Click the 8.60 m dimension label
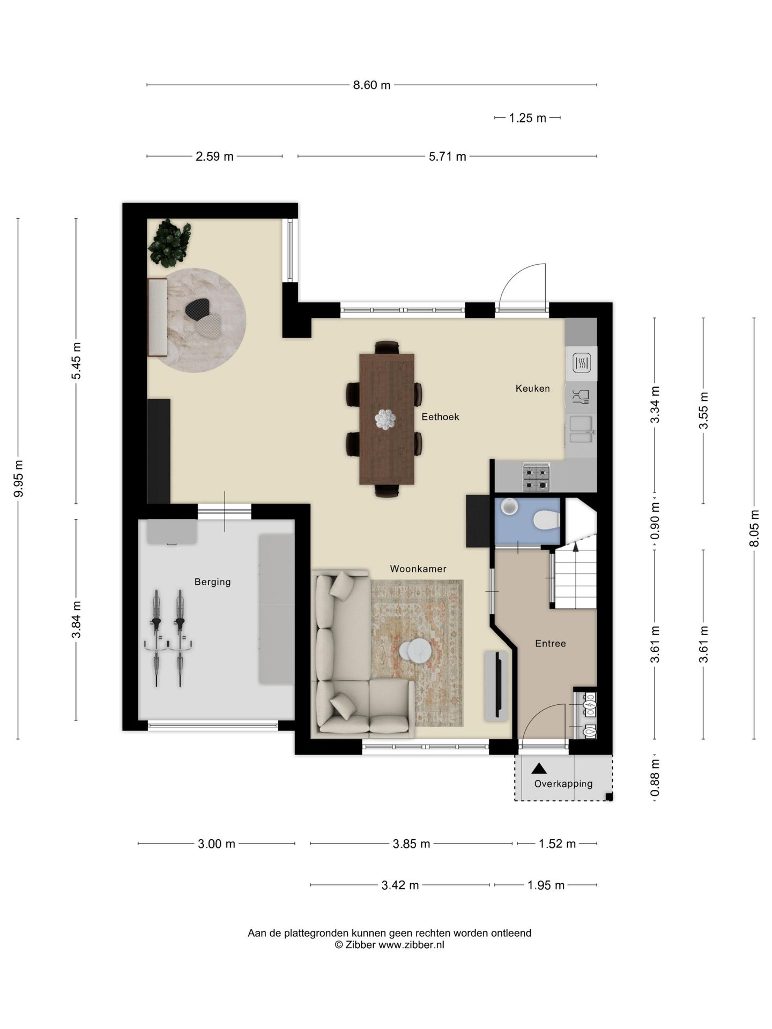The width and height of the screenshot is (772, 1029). point(372,85)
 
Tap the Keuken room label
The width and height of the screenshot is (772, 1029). point(532,388)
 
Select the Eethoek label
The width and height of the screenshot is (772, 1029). point(440,416)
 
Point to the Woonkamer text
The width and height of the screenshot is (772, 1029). point(418,569)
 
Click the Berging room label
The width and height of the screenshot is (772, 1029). point(213,582)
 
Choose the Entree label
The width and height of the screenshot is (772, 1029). point(551,643)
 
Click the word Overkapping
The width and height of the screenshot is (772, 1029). point(563,784)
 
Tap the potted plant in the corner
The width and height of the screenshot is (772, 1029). point(169,243)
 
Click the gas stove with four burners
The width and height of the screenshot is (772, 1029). point(537,478)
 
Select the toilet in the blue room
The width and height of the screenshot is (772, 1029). point(547,520)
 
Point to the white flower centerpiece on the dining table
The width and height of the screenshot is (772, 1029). point(385,419)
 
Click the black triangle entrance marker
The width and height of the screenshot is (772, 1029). point(539,769)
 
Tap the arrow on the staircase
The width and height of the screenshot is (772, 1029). point(576,547)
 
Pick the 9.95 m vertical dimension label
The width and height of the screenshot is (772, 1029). point(18,479)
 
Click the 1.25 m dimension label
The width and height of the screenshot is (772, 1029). point(528,118)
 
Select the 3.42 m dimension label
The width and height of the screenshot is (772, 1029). point(400,885)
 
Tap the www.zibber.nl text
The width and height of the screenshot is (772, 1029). point(411,945)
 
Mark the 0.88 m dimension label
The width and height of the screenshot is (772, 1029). point(655,778)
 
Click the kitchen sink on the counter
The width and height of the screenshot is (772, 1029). point(581,429)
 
